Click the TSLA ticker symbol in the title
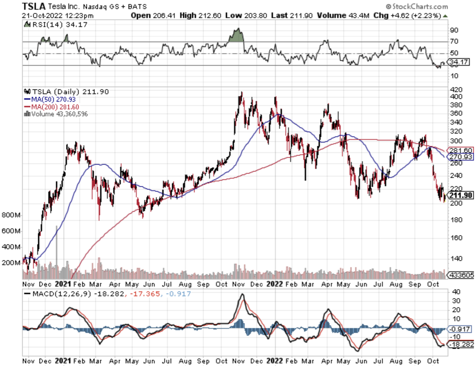pyautogui.click(x=34, y=6)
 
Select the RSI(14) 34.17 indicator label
pyautogui.click(x=56, y=24)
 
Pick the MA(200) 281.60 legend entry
pyautogui.click(x=52, y=107)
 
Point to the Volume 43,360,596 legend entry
pyautogui.click(x=56, y=114)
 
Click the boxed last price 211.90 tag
pyautogui.click(x=461, y=195)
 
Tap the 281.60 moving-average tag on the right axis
pyautogui.click(x=461, y=150)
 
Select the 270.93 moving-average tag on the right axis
pyautogui.click(x=461, y=157)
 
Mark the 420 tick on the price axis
pyautogui.click(x=456, y=89)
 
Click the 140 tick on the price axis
pyautogui.click(x=456, y=259)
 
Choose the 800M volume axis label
pyautogui.click(x=11, y=215)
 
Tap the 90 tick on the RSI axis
pyautogui.click(x=454, y=30)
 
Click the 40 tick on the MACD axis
pyautogui.click(x=456, y=292)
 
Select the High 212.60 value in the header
pyautogui.click(x=200, y=15)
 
